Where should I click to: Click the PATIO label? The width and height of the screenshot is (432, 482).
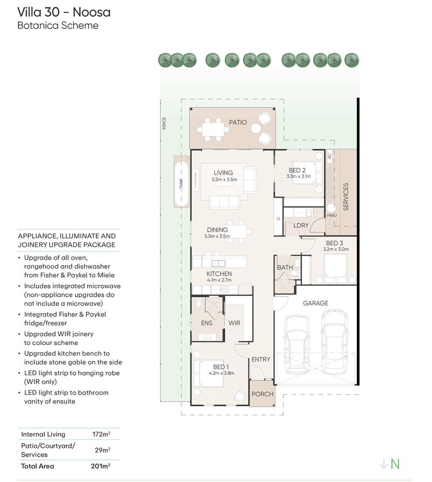pos(238,123)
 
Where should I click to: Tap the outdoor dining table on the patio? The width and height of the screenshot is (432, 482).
pos(213,130)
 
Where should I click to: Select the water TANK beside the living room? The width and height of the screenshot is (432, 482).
pos(181,184)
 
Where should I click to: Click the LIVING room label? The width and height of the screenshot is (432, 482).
pos(223,173)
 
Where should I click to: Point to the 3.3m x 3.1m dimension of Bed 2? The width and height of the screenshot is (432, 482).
pos(299,176)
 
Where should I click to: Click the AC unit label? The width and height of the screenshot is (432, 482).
pos(329,156)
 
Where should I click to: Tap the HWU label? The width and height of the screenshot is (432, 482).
pos(332,215)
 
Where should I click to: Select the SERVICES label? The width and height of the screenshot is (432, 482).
pos(346,196)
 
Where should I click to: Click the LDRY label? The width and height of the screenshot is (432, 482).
pos(301,225)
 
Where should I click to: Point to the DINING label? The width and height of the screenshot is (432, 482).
pos(218,229)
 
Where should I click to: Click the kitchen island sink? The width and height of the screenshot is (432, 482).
pos(218,263)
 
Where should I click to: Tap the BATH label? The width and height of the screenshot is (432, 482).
pos(285,267)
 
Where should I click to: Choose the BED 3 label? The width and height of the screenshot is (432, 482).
pos(335,243)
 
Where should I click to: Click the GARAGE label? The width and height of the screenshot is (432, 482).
pos(315,303)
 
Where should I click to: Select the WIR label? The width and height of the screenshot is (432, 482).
pos(234,323)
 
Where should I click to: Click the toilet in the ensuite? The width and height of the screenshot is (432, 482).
pos(198,302)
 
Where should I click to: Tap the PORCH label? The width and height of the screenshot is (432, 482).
pos(262,394)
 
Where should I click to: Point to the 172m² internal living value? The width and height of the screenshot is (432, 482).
pos(101,434)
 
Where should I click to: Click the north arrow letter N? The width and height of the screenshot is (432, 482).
pos(395,464)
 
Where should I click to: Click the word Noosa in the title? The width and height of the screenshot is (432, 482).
pos(92,12)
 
